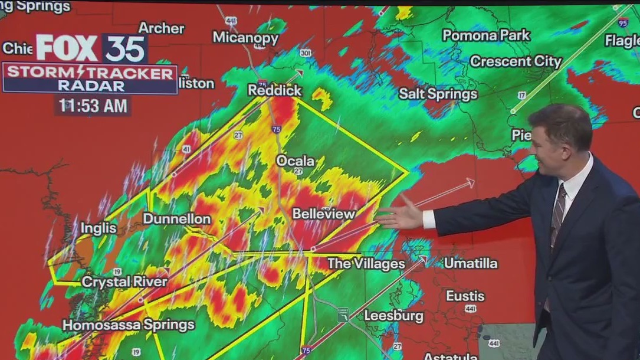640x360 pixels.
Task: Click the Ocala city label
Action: pos(296,161)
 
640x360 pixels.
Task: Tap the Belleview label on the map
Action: pos(324,214)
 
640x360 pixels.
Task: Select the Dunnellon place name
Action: pos(176,219)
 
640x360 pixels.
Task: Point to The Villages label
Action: pos(366,263)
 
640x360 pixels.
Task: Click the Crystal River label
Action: pos(124,282)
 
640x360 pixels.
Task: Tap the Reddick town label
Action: pos(274,90)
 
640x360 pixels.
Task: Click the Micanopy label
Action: pos(245,38)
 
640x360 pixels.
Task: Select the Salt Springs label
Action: pos(438,93)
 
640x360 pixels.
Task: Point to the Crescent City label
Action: pos(516,61)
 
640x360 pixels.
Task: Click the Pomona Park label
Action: pos(485,35)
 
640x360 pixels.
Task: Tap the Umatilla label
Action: pos(470,263)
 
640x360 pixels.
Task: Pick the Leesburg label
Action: pos(393,316)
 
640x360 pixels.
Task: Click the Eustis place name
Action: pos(465,296)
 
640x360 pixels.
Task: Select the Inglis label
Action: pos(99,228)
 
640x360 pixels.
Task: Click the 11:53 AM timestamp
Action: pos(93,106)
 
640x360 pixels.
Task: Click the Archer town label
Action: pos(161,28)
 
